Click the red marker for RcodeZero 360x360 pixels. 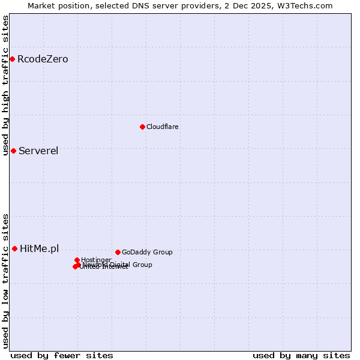coord(12,59)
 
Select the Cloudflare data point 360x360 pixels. coord(142,127)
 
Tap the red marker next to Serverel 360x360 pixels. coord(13,151)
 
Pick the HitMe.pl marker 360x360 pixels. coord(14,248)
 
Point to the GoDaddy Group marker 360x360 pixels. coord(118,252)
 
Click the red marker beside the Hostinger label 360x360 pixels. coord(77,260)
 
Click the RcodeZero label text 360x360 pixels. coord(43,59)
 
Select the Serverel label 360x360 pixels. coord(38,151)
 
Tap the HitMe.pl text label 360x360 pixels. coord(40,248)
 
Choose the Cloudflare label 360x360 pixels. coord(163,127)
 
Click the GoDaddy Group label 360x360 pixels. coord(147,252)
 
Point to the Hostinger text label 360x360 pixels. coord(96,260)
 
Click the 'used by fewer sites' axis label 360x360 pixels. coord(62,355)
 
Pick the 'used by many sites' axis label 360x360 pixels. coord(301,355)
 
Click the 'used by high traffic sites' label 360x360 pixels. coord(5,86)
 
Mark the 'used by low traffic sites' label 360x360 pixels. coord(5,281)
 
